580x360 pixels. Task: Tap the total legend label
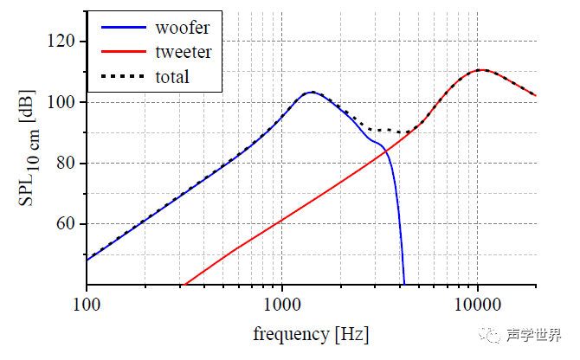pos(172,77)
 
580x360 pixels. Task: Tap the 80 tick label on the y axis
pos(65,164)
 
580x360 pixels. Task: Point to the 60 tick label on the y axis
pos(65,224)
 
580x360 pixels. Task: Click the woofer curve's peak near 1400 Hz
pos(312,92)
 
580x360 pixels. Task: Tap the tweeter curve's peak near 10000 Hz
pos(481,70)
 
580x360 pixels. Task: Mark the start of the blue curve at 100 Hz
pos(87,259)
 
